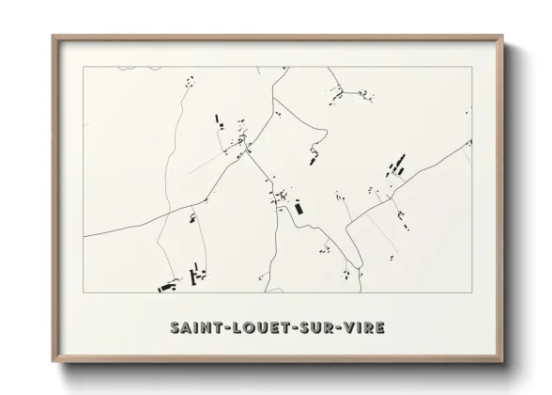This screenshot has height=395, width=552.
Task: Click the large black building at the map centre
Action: [x=299, y=208]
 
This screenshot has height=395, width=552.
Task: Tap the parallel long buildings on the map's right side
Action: [x=394, y=169]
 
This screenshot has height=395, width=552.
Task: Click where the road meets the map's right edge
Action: [x=469, y=142]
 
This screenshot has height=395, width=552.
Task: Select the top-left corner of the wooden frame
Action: [x=53, y=36]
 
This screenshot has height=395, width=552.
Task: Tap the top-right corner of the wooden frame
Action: [x=502, y=36]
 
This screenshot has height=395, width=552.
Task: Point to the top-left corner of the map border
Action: [x=83, y=67]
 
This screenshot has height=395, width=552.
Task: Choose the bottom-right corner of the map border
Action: [x=470, y=293]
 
